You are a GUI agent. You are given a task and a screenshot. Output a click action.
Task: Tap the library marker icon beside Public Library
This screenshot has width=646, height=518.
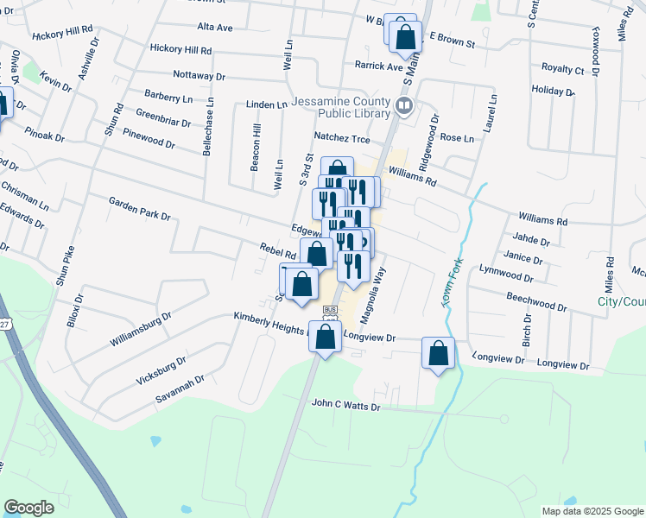coord(403,106)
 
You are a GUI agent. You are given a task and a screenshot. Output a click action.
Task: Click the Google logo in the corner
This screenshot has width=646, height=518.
coord(28,508)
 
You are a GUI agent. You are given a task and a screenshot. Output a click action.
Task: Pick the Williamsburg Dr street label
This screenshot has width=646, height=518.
coord(141,329)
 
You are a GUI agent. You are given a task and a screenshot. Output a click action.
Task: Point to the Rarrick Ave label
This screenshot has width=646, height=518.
coord(379,65)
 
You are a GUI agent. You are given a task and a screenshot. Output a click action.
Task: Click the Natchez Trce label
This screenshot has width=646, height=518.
coord(341,137)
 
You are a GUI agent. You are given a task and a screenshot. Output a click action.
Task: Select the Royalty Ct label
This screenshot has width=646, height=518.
coord(562,68)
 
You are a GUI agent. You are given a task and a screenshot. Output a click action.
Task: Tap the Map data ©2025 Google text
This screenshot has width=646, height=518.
coord(592,511)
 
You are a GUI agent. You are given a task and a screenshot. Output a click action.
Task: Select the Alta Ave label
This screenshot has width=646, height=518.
coord(215,28)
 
